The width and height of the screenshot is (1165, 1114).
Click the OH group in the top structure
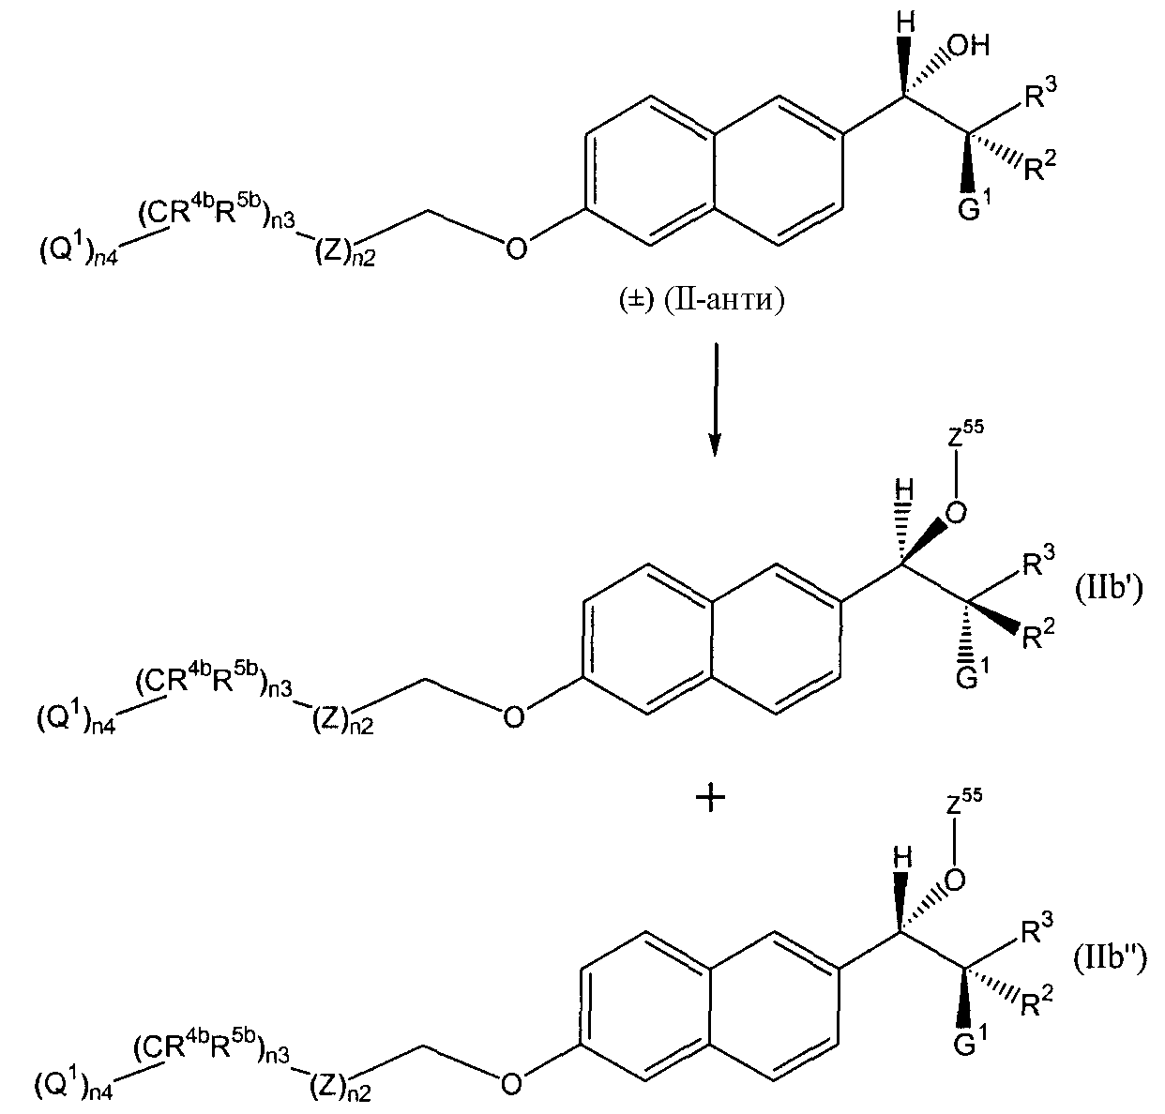[969, 46]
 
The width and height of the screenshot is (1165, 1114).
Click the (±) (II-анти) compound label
[701, 299]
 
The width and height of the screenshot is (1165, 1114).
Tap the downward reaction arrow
[714, 399]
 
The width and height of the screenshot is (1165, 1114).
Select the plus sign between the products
[711, 798]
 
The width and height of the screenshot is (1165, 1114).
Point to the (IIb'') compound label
[1110, 960]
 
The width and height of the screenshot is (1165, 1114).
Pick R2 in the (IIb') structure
[1037, 635]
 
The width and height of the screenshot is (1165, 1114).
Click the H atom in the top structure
[906, 24]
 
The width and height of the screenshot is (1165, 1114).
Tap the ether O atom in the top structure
[516, 248]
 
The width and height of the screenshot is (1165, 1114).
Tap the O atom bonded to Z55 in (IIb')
[957, 513]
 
